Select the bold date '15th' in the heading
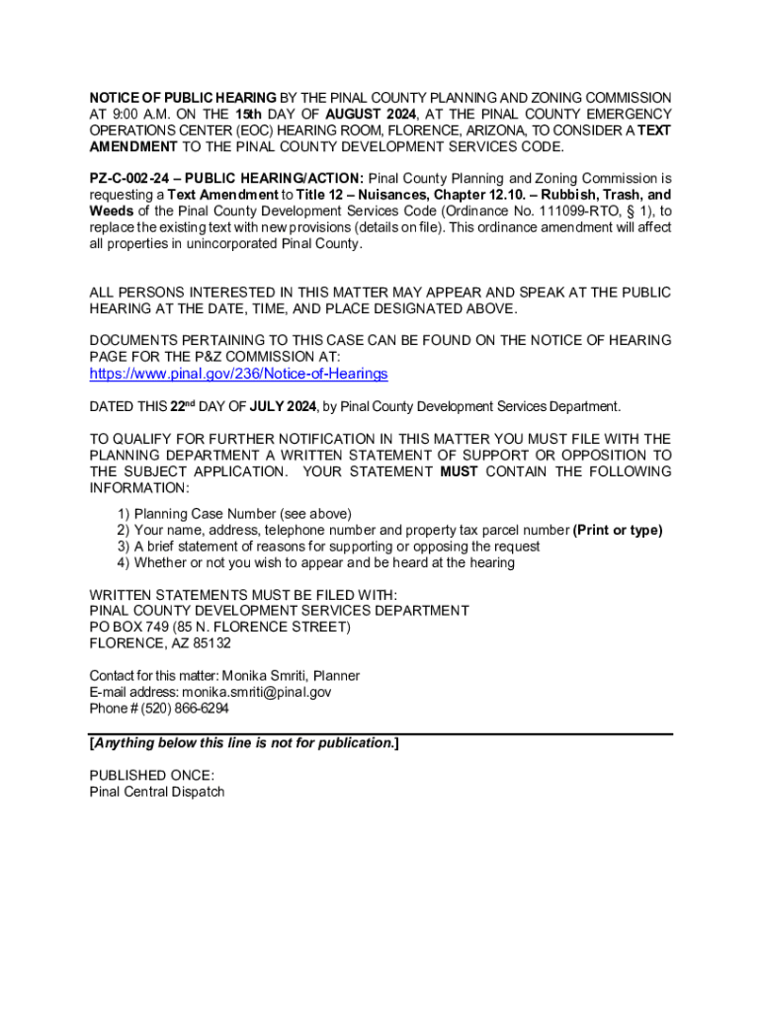261,114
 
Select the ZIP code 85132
209,643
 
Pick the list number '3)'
124,547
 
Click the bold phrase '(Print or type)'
618,530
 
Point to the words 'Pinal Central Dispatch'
157,792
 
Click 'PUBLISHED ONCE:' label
151,775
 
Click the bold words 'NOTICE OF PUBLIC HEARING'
183,98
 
